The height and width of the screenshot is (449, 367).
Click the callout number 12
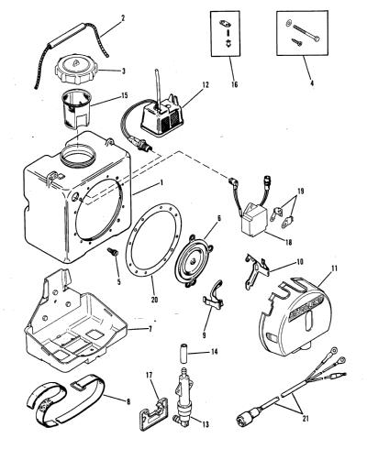tap(206, 84)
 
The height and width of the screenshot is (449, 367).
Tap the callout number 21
tap(305, 418)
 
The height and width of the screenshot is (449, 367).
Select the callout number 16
tap(234, 84)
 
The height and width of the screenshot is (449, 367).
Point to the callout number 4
tap(312, 82)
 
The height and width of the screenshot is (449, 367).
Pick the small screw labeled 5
tap(112, 252)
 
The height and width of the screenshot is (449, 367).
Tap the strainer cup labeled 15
tap(77, 108)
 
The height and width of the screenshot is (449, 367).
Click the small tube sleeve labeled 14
tap(183, 353)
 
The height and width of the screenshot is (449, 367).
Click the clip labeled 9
tap(214, 295)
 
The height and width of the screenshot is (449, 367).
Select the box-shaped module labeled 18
tap(253, 222)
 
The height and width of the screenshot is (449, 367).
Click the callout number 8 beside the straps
tap(128, 401)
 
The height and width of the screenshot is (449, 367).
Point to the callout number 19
tap(301, 192)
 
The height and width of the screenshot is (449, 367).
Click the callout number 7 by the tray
tap(150, 330)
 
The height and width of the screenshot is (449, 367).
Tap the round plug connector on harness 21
tap(248, 416)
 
